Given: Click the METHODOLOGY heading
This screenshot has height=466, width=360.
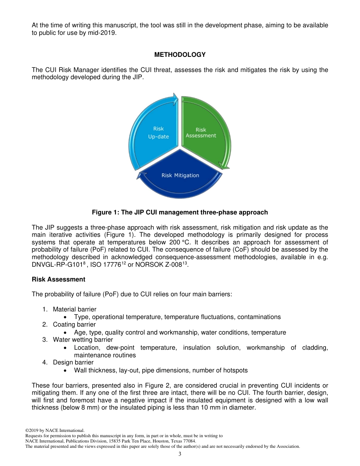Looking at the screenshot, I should [x=180, y=55].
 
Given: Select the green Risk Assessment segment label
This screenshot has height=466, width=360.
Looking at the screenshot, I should [x=201, y=133].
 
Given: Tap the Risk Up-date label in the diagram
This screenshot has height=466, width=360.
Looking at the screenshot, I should [x=158, y=133].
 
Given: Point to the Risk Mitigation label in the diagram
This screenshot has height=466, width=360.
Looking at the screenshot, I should [x=180, y=175].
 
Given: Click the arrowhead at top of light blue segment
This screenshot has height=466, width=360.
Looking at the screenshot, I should [x=175, y=99].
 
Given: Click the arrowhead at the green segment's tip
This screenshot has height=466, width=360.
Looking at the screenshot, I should [x=224, y=166].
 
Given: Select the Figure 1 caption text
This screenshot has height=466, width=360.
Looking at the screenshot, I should [x=180, y=212].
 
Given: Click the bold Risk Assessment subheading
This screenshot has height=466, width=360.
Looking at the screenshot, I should [x=58, y=279].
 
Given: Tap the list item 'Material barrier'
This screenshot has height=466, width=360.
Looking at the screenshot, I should [x=74, y=309].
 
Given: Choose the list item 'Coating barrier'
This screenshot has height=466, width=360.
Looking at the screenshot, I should [x=74, y=324].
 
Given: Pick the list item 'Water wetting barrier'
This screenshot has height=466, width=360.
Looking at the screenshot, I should [x=83, y=339].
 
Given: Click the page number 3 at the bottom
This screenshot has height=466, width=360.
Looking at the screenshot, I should [x=180, y=454].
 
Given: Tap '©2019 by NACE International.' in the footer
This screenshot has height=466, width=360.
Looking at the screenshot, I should [x=55, y=430].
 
